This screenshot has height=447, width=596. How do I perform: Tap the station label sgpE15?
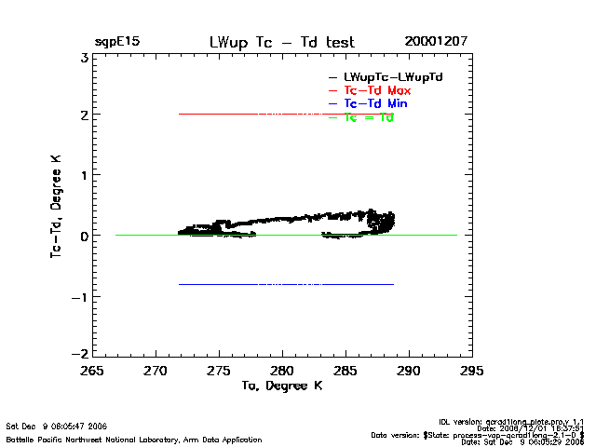coord(117,42)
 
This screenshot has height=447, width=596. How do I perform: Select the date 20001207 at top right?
coord(436,42)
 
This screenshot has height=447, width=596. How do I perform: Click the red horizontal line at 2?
coord(279,114)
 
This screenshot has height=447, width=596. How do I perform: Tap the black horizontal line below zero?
coord(279,284)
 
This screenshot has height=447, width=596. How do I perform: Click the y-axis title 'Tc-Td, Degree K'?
coord(55,205)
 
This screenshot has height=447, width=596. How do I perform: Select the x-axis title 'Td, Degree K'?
coord(281,385)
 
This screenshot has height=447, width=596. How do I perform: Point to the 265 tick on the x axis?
coord(92,371)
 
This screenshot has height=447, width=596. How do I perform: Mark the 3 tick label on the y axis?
coord(83,57)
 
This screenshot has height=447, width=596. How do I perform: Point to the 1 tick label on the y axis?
coord(83,176)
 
